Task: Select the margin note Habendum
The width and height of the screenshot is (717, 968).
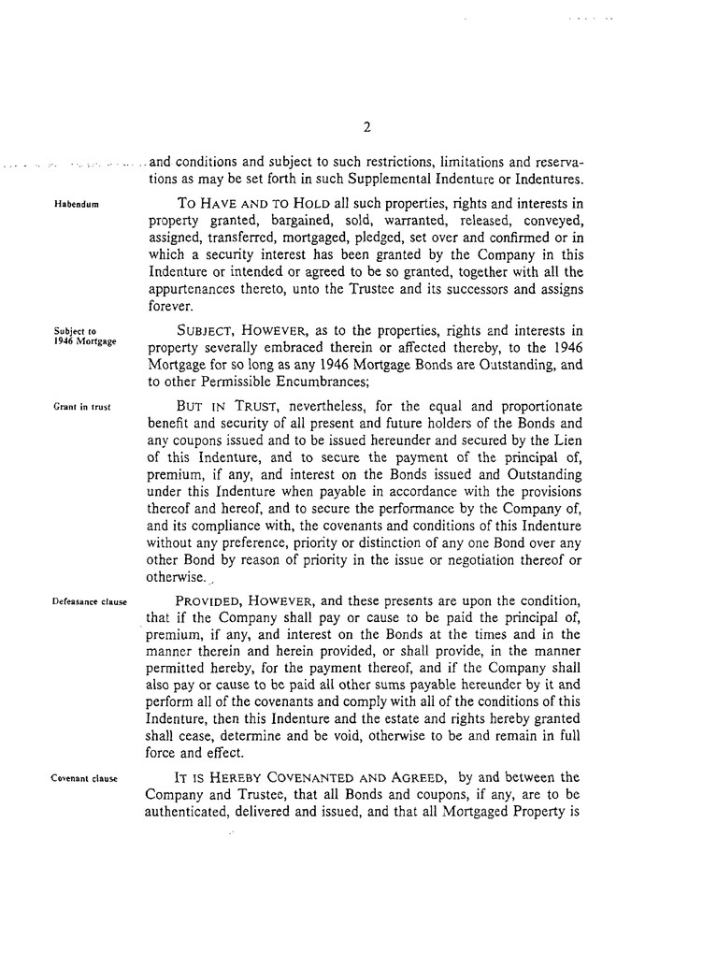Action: pos(78,203)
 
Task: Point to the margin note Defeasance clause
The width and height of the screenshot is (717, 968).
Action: pos(90,600)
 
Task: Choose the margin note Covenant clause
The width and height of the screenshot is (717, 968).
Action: pos(83,777)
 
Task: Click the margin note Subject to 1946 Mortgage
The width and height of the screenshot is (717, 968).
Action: pos(84,335)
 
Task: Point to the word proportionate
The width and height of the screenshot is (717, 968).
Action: pos(528,407)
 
